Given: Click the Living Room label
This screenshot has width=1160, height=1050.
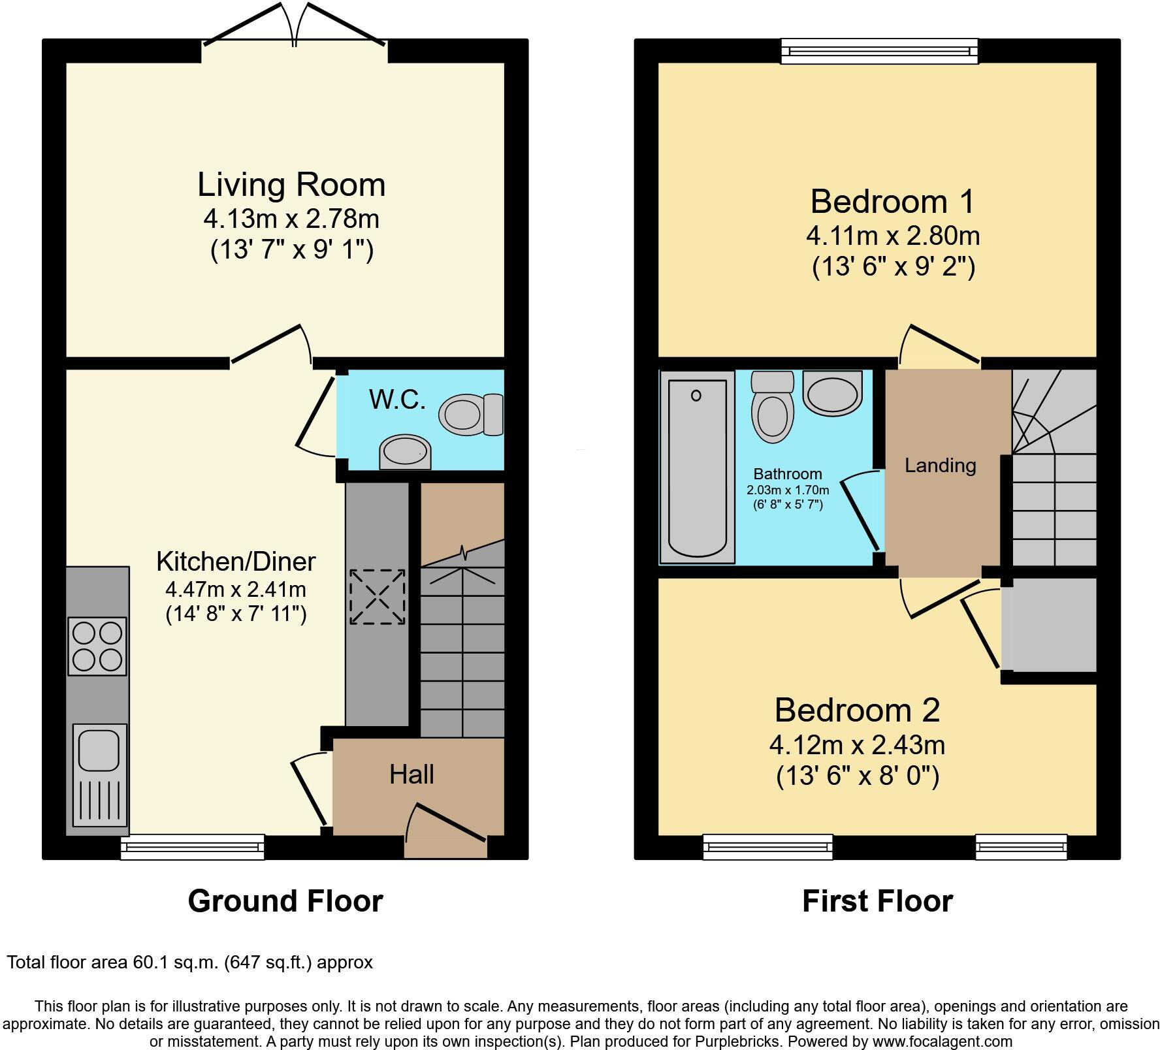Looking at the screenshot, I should click(291, 185).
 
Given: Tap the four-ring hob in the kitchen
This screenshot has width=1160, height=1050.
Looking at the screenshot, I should click(97, 646).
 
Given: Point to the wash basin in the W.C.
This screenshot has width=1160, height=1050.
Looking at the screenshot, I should click(405, 452).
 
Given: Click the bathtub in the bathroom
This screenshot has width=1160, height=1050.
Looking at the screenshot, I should click(697, 466).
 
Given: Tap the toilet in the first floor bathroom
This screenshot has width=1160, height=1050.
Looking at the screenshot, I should click(771, 407).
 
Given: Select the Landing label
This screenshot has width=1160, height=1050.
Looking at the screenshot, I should click(940, 466).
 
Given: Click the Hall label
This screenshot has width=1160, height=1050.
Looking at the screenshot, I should click(411, 774).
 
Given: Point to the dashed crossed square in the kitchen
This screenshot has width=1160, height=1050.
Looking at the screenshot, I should click(378, 597).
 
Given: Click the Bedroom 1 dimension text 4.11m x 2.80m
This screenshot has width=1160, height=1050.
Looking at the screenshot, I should click(893, 235).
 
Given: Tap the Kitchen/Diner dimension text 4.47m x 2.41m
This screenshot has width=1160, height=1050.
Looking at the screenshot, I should click(236, 590).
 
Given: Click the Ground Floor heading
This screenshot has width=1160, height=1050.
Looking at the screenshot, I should click(285, 901).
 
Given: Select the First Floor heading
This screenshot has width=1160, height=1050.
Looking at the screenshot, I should click(877, 901).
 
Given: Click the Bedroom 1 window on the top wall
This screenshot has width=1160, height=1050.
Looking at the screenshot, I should click(880, 51).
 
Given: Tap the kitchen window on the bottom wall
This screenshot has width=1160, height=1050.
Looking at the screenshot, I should click(193, 847).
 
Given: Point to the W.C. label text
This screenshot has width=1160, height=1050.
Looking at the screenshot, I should click(397, 399).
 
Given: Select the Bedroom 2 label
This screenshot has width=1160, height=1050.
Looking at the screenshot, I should click(857, 710).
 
